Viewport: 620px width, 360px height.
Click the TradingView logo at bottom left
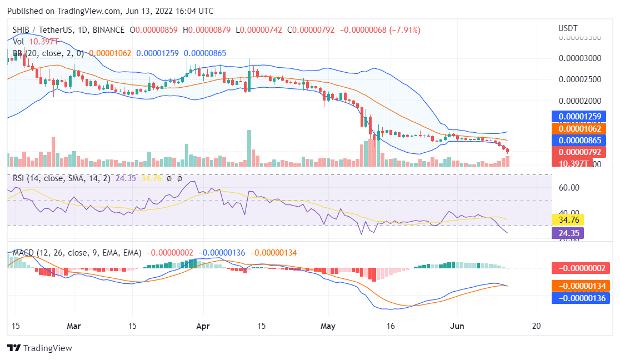pos(39,348)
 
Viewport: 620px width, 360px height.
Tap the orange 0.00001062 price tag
pos(580,128)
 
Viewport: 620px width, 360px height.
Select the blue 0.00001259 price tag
pos(580,117)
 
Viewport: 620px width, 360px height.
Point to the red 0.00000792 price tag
pos(580,152)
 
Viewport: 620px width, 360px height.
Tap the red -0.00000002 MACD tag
pos(580,268)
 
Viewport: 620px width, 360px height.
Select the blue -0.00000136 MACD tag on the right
pos(580,298)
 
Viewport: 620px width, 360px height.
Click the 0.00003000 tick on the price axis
pos(580,58)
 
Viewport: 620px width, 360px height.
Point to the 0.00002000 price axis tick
pos(580,101)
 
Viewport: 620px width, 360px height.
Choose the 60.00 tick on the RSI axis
pos(569,188)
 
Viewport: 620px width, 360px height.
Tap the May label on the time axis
pos(328,326)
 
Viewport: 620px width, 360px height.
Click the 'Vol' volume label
pos(18,42)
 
